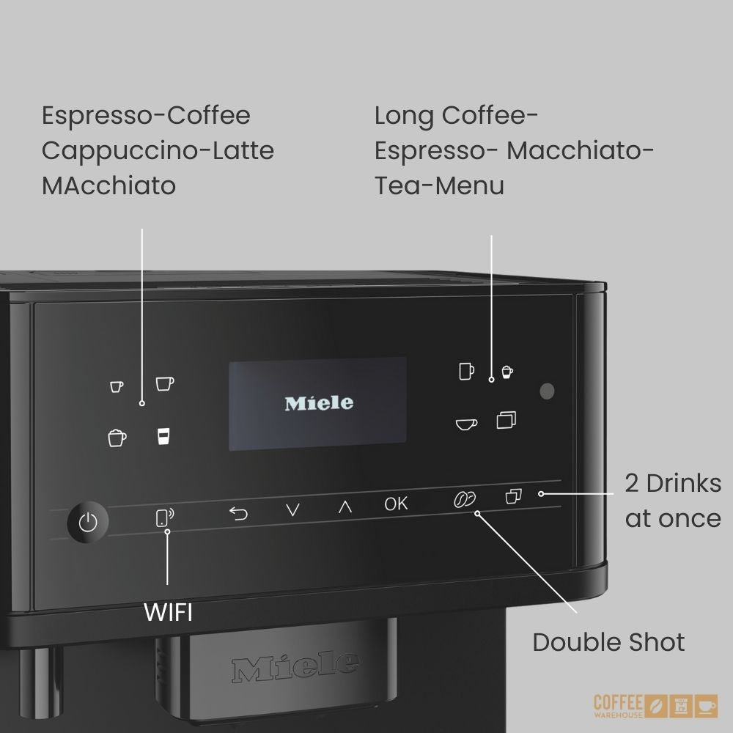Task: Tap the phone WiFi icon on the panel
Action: [164, 517]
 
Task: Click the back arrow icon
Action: [238, 514]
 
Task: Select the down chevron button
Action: [292, 509]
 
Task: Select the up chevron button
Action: [345, 507]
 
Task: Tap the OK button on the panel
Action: [396, 504]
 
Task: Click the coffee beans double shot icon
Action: [465, 499]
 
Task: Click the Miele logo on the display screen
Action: [319, 403]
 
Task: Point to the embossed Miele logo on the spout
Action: [295, 666]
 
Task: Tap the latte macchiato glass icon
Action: [163, 435]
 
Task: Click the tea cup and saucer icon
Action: [466, 424]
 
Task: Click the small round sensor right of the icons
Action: [547, 391]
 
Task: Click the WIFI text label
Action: [169, 612]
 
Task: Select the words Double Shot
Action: [608, 642]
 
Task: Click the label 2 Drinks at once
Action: [673, 501]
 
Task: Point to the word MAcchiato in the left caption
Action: [109, 185]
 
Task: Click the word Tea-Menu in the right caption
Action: [439, 185]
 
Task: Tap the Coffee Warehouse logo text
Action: [618, 706]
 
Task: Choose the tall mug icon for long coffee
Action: [466, 371]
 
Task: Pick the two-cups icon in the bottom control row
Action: [513, 496]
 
